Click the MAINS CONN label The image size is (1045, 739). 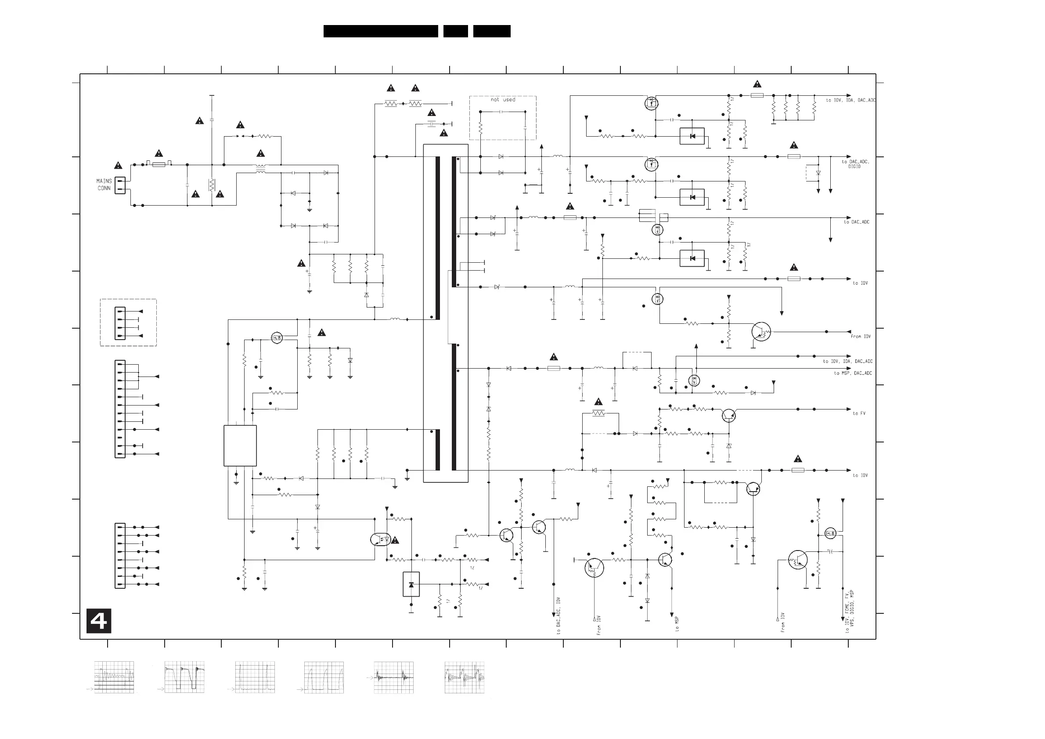coord(104,185)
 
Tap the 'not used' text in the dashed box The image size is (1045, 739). coord(503,99)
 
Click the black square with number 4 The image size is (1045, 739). coord(99,621)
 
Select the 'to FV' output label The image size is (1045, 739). coord(859,413)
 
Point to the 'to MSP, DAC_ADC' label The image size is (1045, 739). coord(853,373)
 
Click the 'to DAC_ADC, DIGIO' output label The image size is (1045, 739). coord(855,164)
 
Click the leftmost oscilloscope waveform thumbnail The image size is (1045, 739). coord(114,677)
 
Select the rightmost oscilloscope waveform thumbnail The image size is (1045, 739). coord(464,677)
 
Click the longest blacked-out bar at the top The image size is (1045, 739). coord(381,31)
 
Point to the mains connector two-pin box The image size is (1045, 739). coord(120,185)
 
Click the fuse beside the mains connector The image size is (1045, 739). coord(159,164)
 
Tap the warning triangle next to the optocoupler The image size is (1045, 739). coord(395,540)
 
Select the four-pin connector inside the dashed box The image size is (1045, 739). coord(120,323)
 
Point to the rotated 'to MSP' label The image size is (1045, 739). coord(677,624)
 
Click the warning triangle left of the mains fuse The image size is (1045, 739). coord(118,165)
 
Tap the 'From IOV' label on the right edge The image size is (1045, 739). coord(860,336)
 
